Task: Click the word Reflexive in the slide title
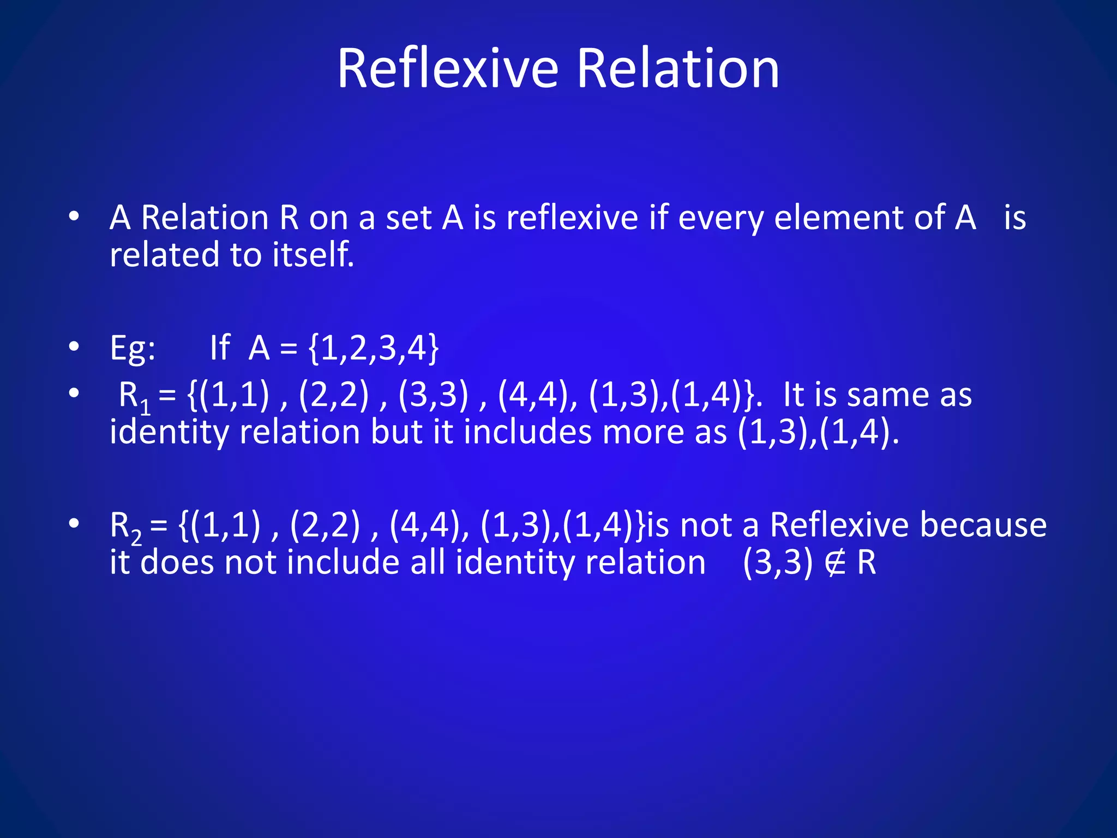pos(447,69)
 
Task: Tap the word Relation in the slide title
pos(677,69)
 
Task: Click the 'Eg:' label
pos(133,348)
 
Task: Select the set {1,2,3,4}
pos(374,348)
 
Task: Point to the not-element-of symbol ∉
pos(835,563)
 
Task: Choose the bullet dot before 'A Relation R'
pos(75,217)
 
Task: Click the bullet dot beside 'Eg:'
pos(75,348)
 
